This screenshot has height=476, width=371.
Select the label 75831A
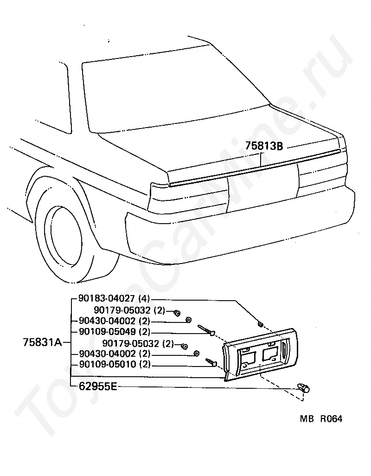point(42,342)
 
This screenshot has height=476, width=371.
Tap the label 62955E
point(98,386)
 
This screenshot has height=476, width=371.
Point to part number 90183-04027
point(107,298)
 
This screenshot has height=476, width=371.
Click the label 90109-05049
point(107,332)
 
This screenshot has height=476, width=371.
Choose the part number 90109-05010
point(108,364)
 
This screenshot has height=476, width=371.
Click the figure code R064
point(331,419)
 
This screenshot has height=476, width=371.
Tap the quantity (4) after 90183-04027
point(144,299)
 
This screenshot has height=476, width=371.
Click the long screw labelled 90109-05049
point(206,330)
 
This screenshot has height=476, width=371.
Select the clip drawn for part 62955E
point(304,388)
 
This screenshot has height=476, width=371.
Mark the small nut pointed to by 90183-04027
point(260,324)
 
